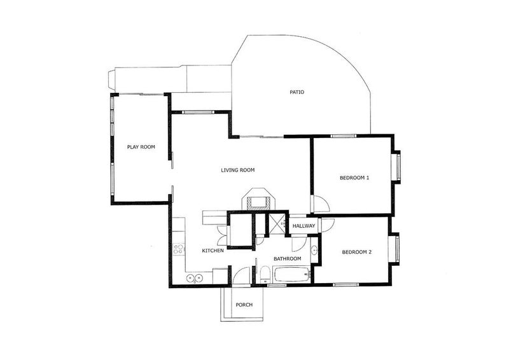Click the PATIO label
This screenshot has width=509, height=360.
click(296, 92)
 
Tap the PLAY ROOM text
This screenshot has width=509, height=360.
click(141, 147)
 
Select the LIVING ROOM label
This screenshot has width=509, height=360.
click(237, 170)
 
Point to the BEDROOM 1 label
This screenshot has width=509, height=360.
click(354, 178)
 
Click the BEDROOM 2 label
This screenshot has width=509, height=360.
click(356, 253)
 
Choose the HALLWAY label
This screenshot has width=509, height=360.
click(304, 226)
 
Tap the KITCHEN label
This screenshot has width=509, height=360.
click(213, 251)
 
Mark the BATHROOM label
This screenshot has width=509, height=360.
click(287, 259)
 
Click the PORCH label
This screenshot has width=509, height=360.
click(244, 305)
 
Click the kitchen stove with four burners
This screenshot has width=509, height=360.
click(178, 249)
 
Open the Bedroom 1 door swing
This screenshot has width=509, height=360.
click(319, 205)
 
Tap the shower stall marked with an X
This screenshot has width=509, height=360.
click(277, 223)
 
